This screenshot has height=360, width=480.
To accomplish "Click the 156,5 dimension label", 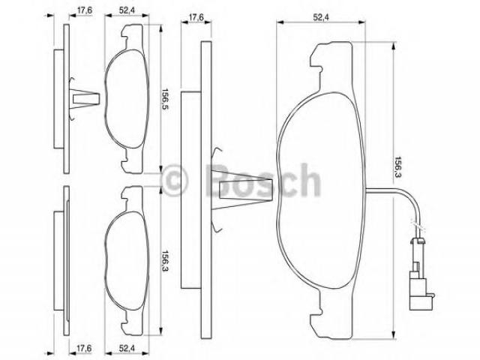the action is point(166,99).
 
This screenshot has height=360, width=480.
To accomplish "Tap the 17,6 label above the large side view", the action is point(196,17).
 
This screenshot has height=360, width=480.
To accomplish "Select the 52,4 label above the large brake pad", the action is point(320,17).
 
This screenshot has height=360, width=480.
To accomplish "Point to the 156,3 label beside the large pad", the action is point(398,167).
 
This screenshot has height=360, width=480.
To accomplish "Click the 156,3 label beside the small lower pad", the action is point(166,262).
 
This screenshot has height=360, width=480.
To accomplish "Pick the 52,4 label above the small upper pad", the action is point(127,10).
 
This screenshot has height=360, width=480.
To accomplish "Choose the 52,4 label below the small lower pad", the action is point(127,348).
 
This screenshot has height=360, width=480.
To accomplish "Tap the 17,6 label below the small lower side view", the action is point(84,348).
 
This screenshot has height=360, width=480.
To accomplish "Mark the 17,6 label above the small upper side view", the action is point(84,10).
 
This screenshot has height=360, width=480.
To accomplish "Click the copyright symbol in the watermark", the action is point(173,180).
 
